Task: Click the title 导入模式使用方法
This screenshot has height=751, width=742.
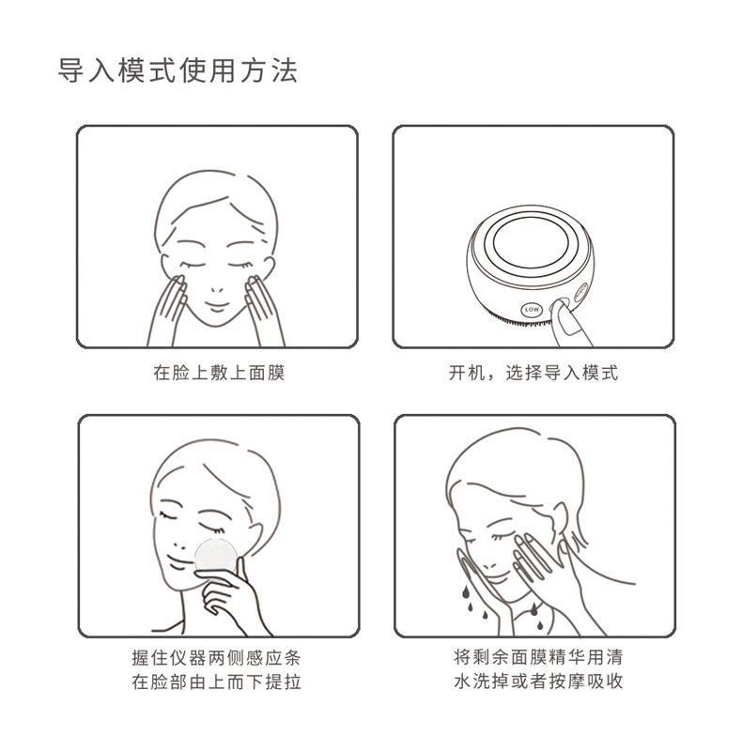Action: pos(178,71)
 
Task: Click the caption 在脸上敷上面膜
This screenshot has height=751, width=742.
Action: pos(219,373)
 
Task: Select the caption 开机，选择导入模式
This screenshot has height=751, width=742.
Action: pos(533,373)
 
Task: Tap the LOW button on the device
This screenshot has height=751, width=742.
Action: pos(532,310)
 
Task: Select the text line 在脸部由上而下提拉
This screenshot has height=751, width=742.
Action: pos(217,682)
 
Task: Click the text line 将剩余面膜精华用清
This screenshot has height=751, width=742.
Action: pos(538,656)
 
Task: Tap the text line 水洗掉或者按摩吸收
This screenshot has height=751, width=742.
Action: pos(538,681)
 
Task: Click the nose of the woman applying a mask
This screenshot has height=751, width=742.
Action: pos(217,290)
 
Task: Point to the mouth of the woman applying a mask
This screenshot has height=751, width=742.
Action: pos(216,306)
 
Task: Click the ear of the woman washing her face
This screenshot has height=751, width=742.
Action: pos(560,521)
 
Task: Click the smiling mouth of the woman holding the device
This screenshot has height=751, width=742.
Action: pos(177,562)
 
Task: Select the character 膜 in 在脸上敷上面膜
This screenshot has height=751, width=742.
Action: pos(276,373)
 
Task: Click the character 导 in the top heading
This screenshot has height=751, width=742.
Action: pos(71,71)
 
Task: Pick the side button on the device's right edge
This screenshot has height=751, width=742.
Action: pos(580,291)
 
